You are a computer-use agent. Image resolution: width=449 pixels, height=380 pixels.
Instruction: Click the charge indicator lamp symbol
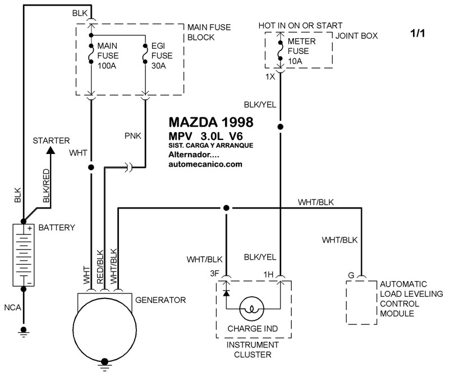(x=251, y=309)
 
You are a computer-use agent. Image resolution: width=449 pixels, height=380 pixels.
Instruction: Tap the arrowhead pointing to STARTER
(x=51, y=150)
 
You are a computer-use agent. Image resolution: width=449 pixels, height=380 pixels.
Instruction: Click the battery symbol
(x=24, y=255)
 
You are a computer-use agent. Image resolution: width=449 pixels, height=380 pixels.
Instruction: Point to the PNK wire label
(x=133, y=135)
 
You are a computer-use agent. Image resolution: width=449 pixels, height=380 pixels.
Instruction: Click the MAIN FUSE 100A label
(x=108, y=56)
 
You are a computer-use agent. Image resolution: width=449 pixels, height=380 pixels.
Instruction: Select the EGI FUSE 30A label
(x=162, y=56)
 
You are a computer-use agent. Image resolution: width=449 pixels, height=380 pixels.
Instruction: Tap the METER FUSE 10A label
(x=301, y=51)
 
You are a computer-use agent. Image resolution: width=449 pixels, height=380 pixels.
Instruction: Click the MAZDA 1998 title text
(x=211, y=122)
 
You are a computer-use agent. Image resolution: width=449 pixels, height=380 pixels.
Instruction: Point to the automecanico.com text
(x=205, y=164)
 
